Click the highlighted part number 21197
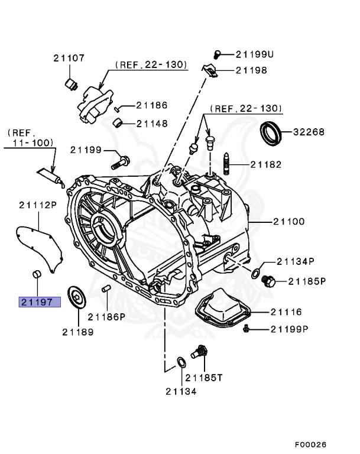click(39, 302)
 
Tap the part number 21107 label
click(68, 58)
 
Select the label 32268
click(309, 132)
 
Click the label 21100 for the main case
click(288, 222)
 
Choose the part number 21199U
click(255, 54)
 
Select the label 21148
click(153, 124)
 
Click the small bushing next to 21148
click(119, 123)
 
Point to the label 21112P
click(37, 205)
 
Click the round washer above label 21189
click(76, 296)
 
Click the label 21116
click(287, 312)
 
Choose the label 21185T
click(204, 377)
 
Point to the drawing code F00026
click(310, 444)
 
